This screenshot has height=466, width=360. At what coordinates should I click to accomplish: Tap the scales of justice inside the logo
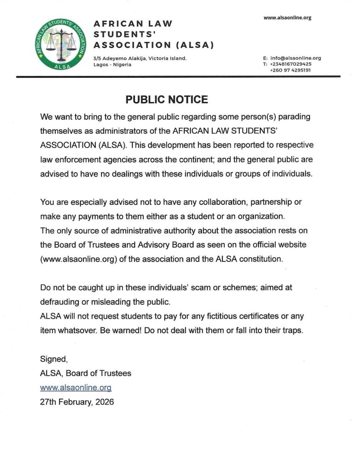tap(61, 42)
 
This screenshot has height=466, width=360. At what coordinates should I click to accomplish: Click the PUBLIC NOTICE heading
tap(167, 100)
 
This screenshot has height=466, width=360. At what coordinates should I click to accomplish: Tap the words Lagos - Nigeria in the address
tap(112, 65)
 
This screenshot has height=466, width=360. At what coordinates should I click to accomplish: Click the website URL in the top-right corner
tap(288, 18)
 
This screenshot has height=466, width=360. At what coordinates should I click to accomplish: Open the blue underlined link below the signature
tap(76, 388)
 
